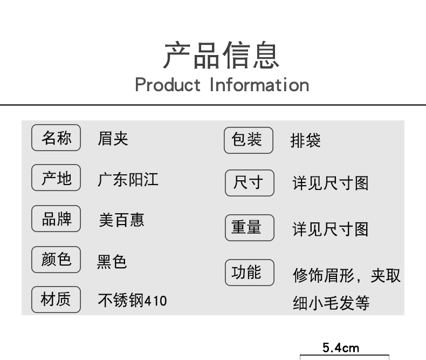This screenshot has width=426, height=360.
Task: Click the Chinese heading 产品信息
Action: [221, 55]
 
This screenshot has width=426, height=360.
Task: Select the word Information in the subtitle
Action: [259, 85]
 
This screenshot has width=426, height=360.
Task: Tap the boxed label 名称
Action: [56, 138]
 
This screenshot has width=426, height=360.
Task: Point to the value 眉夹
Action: [113, 139]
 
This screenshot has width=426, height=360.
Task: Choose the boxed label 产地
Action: [56, 178]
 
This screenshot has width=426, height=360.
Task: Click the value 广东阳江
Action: [128, 179]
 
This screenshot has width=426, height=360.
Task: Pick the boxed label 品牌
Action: [56, 219]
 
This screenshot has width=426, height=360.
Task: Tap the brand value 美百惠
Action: [121, 220]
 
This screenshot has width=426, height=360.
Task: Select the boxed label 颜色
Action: [56, 260]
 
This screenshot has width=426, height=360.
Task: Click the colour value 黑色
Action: [112, 261]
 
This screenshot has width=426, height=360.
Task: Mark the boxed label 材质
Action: [56, 300]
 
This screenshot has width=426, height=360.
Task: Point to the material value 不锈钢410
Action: [132, 300]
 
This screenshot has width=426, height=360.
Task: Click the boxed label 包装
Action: [249, 140]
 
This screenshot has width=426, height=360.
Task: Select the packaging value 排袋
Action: [305, 141]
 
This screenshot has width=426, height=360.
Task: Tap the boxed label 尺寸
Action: [249, 183]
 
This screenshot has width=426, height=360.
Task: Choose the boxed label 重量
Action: [249, 228]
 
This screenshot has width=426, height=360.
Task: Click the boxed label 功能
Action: [249, 273]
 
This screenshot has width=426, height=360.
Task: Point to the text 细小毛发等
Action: [331, 303]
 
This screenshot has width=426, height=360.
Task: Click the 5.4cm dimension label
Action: [341, 348]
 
